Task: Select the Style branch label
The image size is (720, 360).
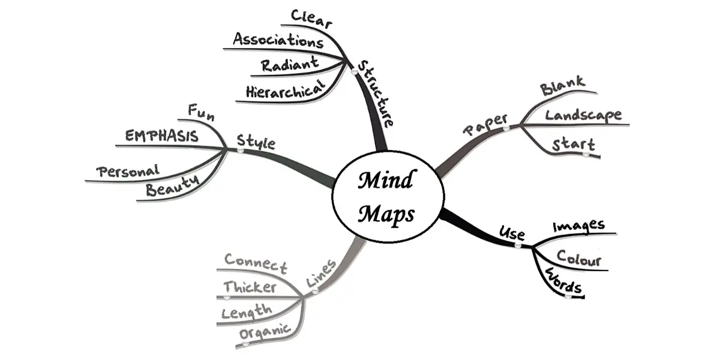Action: tap(256, 142)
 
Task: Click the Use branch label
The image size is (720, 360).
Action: tap(512, 233)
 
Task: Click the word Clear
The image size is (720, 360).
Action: tap(311, 17)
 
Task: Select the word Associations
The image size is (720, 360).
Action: tap(278, 41)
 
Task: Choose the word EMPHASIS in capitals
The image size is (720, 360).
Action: tap(161, 136)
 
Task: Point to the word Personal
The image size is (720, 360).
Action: tap(128, 171)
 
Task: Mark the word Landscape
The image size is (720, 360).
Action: tap(583, 115)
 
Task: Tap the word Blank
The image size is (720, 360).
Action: tap(562, 88)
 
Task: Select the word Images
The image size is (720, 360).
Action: tap(578, 226)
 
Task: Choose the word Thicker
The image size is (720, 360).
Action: tap(250, 287)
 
